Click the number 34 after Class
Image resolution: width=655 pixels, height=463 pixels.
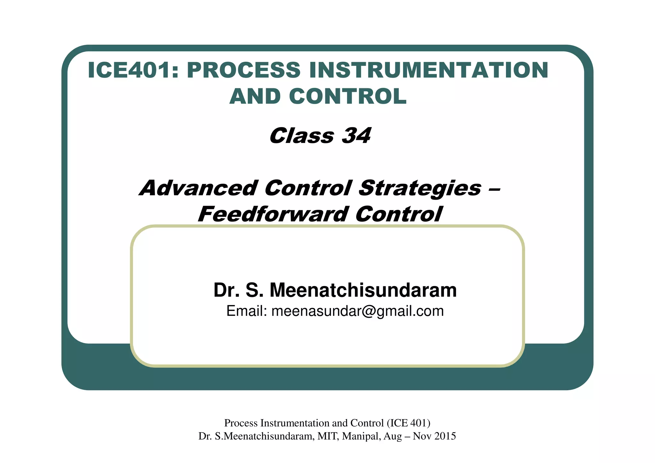click(x=356, y=136)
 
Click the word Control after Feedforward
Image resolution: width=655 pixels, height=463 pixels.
click(x=399, y=214)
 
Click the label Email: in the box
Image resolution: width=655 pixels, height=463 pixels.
click(x=247, y=311)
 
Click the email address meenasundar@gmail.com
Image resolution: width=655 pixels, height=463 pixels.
click(x=358, y=311)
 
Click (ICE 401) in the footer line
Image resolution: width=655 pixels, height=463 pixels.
click(x=408, y=423)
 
